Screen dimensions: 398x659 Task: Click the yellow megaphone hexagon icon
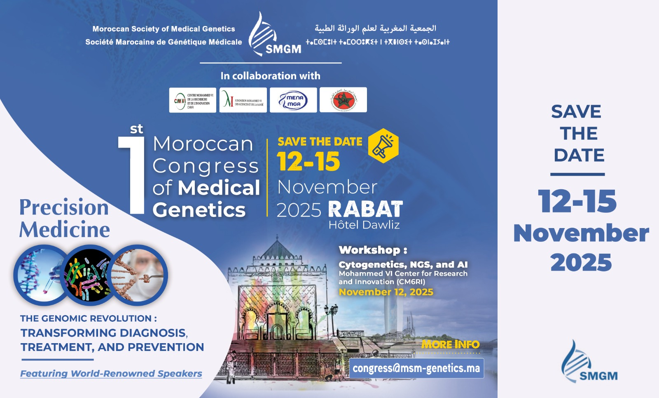(383, 146)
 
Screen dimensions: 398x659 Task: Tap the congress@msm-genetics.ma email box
(416, 368)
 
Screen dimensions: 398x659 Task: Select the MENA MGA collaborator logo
(293, 100)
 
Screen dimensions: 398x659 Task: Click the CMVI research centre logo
(192, 100)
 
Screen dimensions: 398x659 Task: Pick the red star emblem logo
(343, 100)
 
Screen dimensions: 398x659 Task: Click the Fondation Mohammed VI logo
(243, 100)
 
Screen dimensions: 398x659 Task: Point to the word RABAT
(365, 209)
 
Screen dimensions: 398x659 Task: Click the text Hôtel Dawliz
(364, 225)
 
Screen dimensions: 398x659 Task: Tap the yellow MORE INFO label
(450, 344)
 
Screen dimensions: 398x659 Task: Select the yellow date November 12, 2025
(386, 292)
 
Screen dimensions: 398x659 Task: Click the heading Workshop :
(373, 250)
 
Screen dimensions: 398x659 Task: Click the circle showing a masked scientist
(139, 275)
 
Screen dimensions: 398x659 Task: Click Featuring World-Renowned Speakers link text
(111, 374)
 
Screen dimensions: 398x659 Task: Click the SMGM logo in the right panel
(589, 363)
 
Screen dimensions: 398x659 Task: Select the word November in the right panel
(581, 233)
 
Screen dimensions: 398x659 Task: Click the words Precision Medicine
(65, 218)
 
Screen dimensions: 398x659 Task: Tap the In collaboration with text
(270, 76)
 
